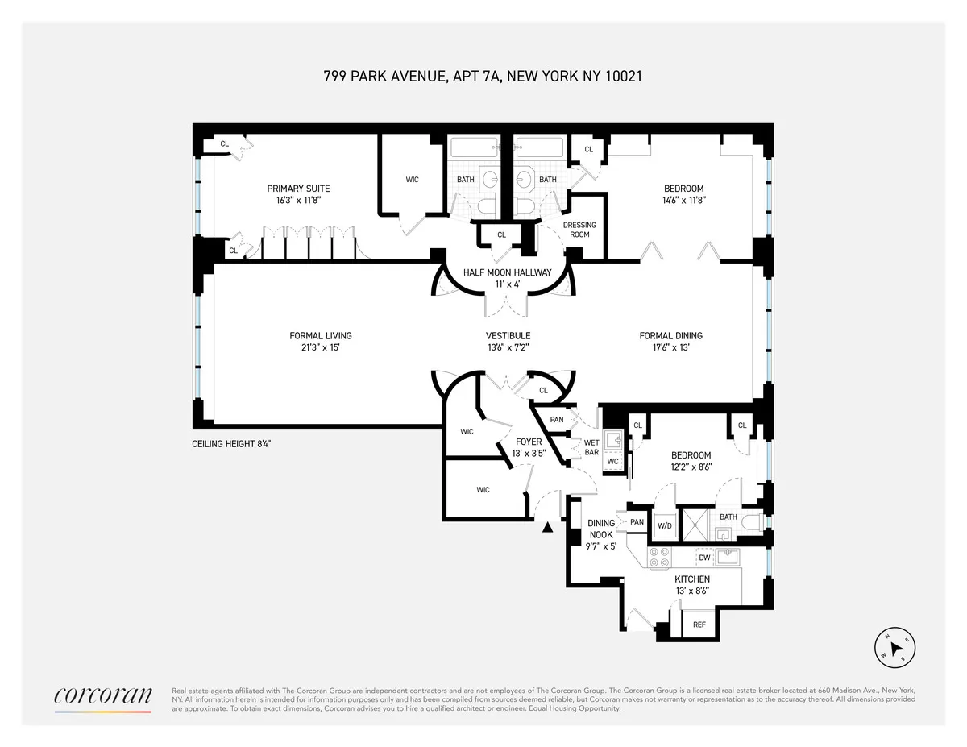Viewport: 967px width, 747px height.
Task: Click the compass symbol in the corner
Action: pyautogui.click(x=894, y=646)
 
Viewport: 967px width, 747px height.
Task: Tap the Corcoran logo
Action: pyautogui.click(x=102, y=697)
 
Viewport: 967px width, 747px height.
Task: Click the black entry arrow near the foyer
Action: pyautogui.click(x=548, y=528)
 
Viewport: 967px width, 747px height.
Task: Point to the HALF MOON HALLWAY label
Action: pyautogui.click(x=507, y=272)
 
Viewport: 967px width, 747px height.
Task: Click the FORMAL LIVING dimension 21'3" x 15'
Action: pyautogui.click(x=321, y=347)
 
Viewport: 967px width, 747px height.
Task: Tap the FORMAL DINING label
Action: pyautogui.click(x=670, y=336)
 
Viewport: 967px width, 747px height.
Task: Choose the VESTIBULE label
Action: pyautogui.click(x=508, y=336)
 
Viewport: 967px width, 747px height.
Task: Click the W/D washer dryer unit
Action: pyautogui.click(x=665, y=525)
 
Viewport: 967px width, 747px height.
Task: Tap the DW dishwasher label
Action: pyautogui.click(x=703, y=558)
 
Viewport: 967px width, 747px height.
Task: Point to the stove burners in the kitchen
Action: pyautogui.click(x=659, y=558)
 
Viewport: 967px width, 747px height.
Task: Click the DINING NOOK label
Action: pyautogui.click(x=600, y=529)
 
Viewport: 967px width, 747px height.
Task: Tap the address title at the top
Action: pyautogui.click(x=482, y=77)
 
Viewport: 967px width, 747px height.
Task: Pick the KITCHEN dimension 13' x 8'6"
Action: pyautogui.click(x=692, y=591)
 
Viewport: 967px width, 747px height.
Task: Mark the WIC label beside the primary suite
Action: pyautogui.click(x=412, y=180)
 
